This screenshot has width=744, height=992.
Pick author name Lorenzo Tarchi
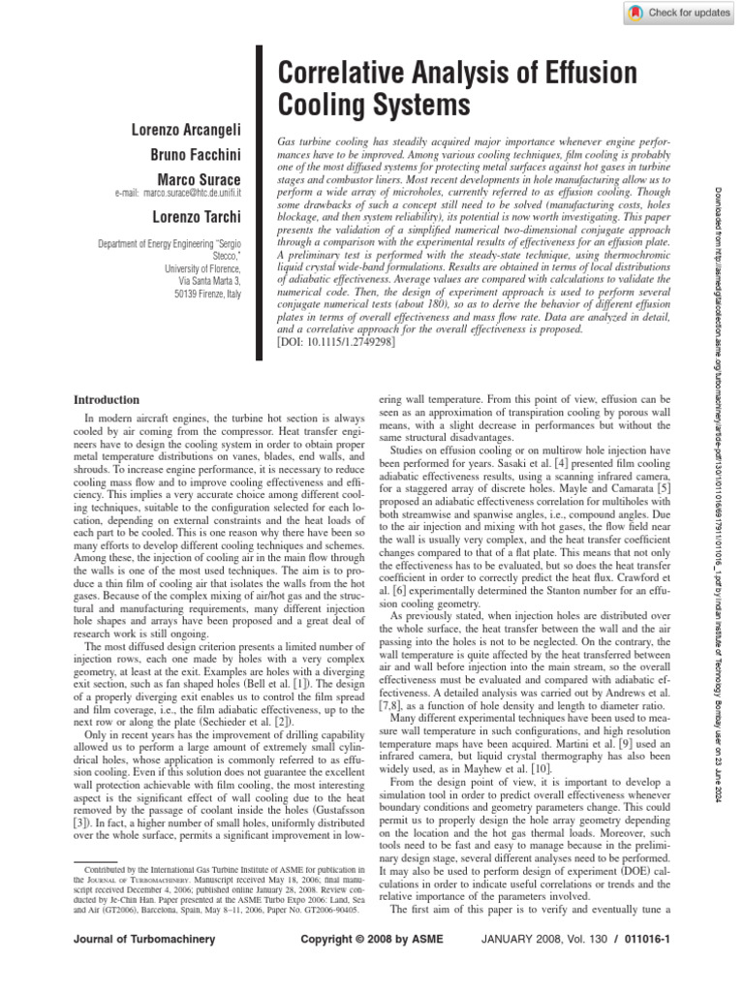pos(197,216)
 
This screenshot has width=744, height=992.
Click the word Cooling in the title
pos(318,105)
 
